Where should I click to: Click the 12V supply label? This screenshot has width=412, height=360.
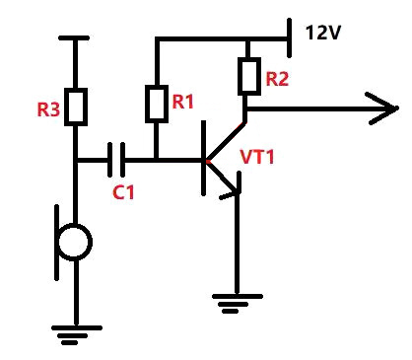click(323, 33)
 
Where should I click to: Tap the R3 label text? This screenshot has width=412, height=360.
click(48, 109)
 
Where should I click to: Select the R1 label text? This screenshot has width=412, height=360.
click(182, 102)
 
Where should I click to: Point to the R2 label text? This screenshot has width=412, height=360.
click(277, 79)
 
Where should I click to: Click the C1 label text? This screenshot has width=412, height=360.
click(123, 192)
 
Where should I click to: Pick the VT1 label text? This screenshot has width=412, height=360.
click(257, 157)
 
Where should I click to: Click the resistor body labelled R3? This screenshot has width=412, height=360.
click(76, 107)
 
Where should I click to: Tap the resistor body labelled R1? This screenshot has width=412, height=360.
click(157, 104)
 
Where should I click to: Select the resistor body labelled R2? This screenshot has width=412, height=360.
click(249, 76)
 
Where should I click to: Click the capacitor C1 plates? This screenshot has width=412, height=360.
click(116, 160)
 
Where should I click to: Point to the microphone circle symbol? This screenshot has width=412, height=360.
click(74, 243)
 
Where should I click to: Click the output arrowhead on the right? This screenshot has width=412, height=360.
click(382, 108)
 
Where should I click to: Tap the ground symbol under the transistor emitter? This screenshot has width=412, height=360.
click(238, 304)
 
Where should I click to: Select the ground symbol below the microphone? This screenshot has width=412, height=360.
click(77, 335)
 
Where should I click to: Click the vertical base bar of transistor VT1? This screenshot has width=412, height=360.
click(204, 158)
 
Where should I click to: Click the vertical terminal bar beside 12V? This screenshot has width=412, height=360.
click(289, 37)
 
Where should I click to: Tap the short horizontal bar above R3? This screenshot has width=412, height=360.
click(74, 38)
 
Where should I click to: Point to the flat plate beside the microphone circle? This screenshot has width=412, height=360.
click(57, 243)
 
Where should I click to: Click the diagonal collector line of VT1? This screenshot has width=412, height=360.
click(226, 141)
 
